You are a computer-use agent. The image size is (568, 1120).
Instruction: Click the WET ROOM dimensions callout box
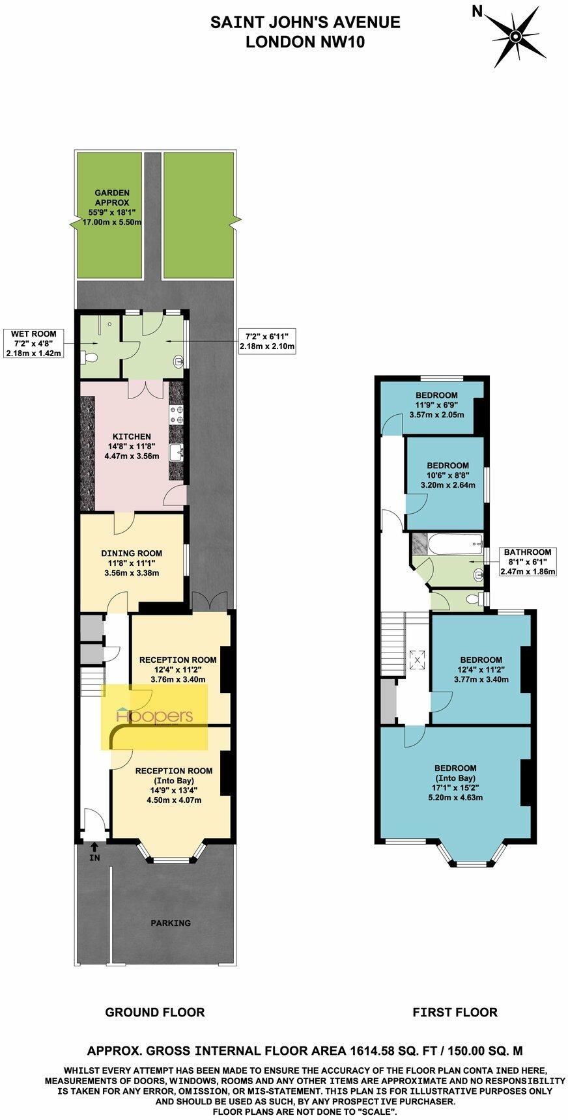point(33,344)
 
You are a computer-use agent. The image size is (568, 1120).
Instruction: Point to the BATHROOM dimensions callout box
point(527,561)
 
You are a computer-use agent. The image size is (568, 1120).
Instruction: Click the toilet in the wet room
point(91,357)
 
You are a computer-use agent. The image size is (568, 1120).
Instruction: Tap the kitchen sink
point(177,451)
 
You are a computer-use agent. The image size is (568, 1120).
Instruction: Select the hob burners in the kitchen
point(177,415)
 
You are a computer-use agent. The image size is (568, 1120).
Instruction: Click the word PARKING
point(171,923)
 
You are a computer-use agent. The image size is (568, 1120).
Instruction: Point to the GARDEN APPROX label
point(112,208)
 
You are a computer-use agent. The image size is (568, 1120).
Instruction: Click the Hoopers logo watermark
point(154,716)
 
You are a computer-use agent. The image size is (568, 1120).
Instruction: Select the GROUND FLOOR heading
point(155,1012)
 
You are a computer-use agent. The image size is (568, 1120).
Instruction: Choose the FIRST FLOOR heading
point(455,1012)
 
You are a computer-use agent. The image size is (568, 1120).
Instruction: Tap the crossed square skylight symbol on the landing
point(416,659)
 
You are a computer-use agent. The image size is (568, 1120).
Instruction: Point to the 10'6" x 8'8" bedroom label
point(447,475)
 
